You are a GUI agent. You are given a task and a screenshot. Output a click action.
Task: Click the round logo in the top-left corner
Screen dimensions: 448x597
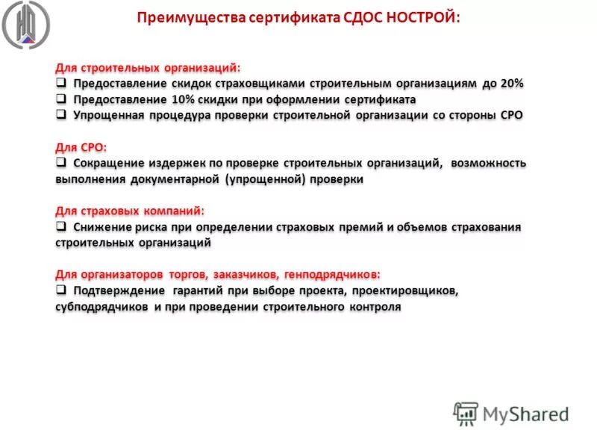tap(27, 25)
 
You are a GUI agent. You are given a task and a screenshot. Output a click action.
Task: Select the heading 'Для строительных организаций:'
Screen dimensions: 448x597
tap(148, 68)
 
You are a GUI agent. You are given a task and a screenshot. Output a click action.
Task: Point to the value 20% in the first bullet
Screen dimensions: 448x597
tap(512, 84)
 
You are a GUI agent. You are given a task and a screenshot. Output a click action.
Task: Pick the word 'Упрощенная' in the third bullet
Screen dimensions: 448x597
tap(107, 116)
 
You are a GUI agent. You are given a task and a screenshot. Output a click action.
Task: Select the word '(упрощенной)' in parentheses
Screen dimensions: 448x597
tap(262, 179)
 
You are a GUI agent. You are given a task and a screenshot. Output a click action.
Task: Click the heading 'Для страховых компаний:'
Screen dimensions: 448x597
tap(129, 211)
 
